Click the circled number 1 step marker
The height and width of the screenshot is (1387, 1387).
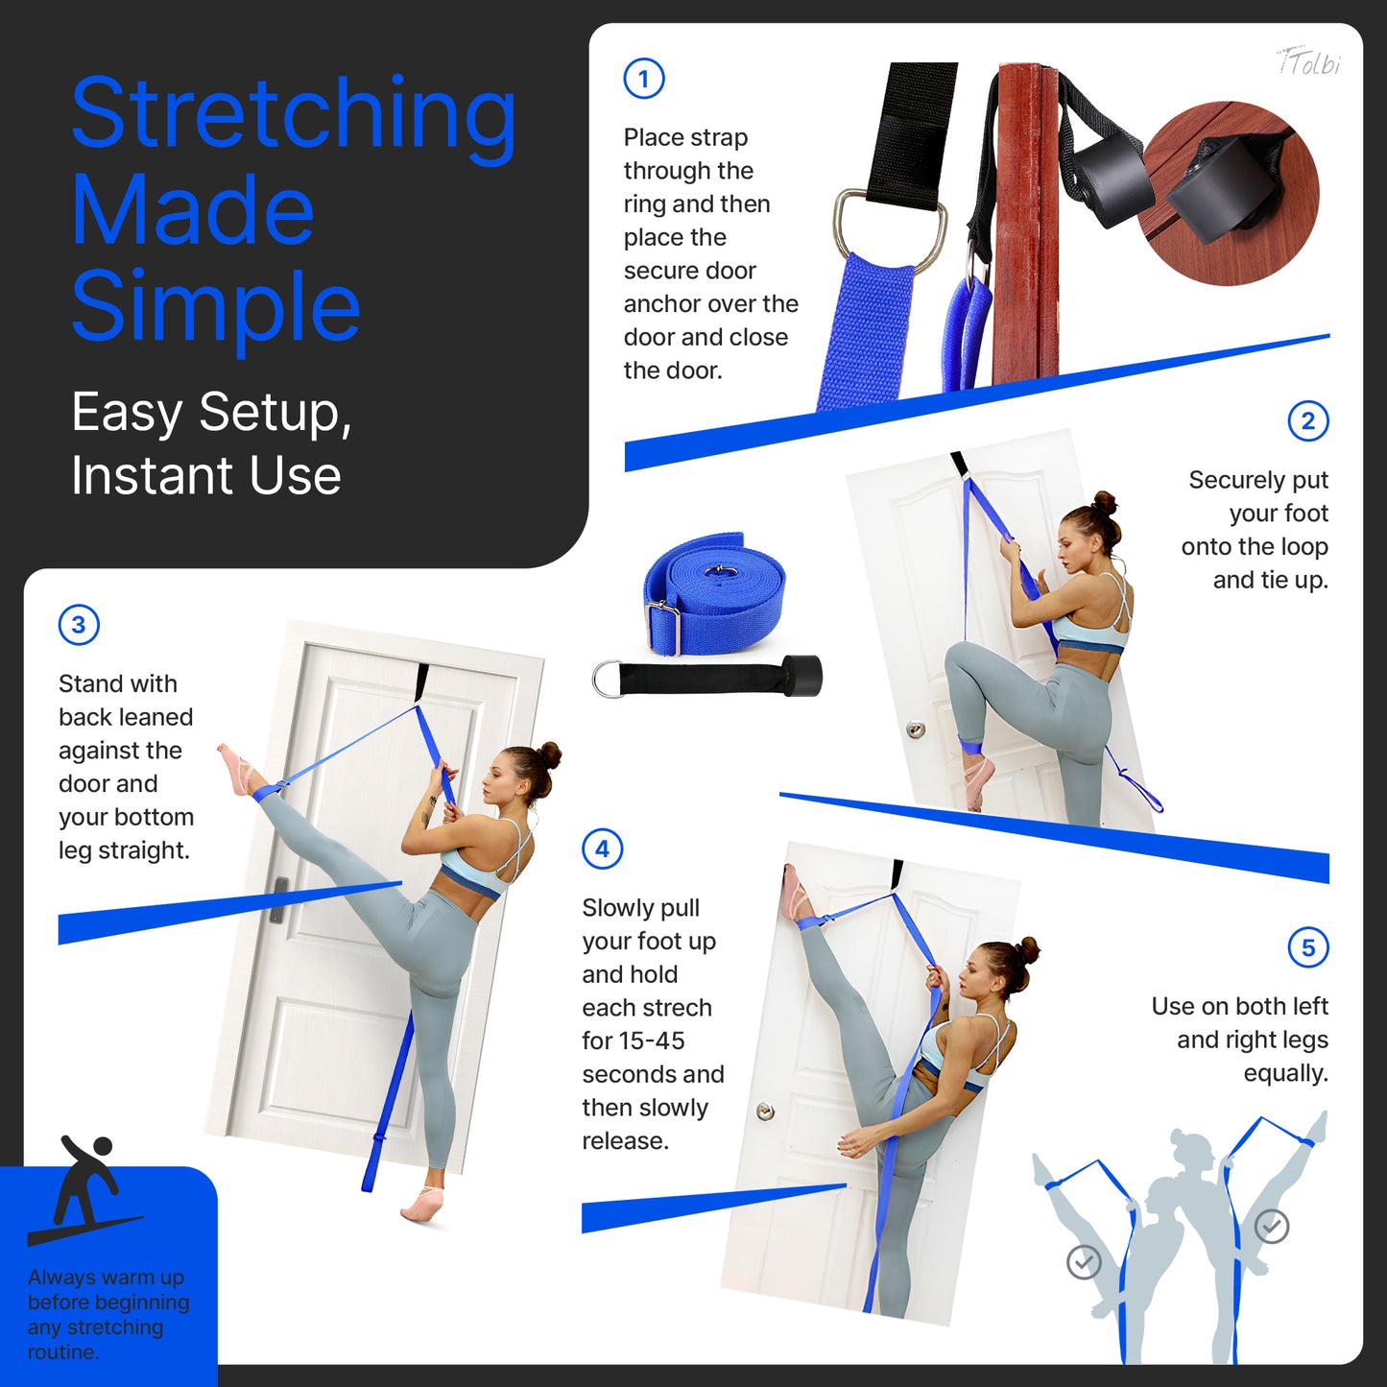click(644, 79)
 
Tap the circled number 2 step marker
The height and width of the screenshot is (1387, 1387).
click(1307, 421)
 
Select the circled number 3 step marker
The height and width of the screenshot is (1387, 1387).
click(79, 626)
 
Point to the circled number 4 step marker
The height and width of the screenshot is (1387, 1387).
click(603, 849)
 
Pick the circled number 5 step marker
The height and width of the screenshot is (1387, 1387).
click(1307, 948)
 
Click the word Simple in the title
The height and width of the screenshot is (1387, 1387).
click(216, 306)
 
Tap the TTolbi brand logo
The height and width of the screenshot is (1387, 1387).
click(1309, 62)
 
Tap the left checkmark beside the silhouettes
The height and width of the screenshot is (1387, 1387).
click(1084, 1262)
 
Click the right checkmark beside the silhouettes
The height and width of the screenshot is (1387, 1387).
click(1272, 1226)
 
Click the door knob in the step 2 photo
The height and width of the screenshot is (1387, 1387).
click(916, 729)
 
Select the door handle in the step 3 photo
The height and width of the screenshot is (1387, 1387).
click(277, 899)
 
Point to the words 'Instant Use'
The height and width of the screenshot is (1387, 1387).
click(206, 476)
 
